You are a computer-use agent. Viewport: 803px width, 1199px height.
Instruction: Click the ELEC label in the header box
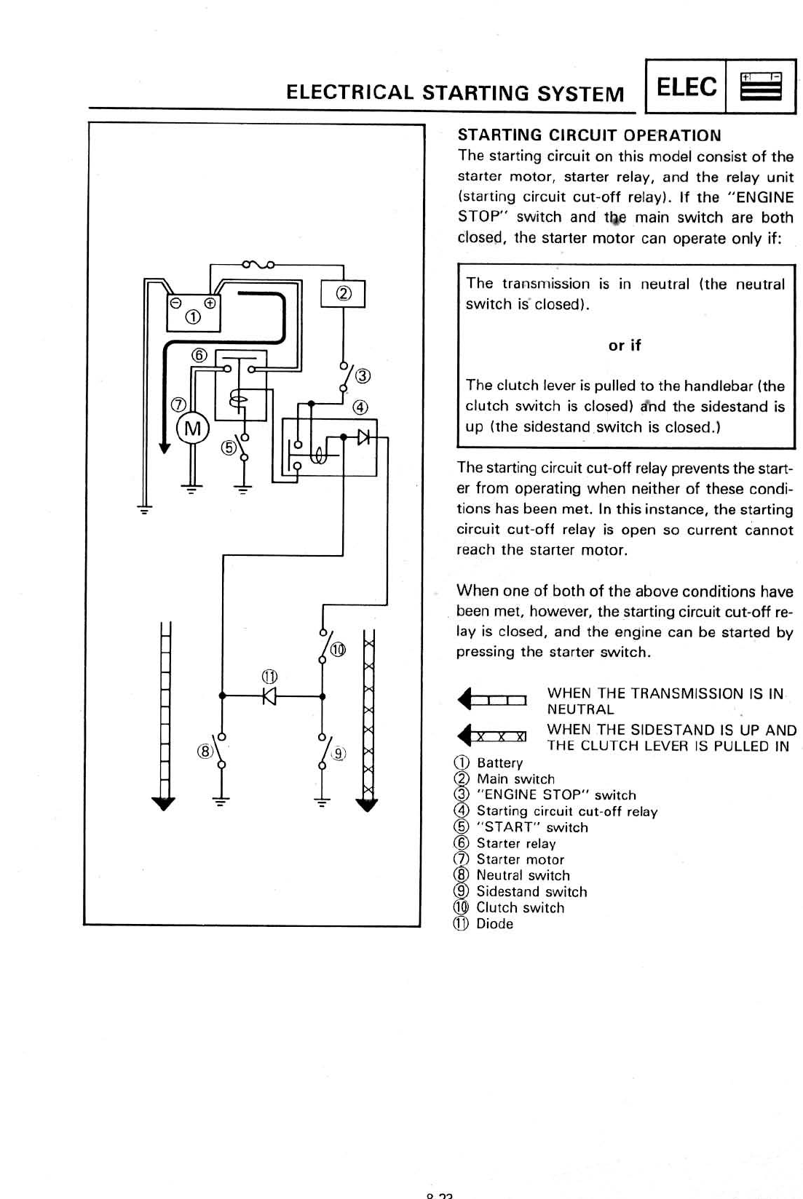coord(687,87)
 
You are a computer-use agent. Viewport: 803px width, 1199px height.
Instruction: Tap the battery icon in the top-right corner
coord(760,87)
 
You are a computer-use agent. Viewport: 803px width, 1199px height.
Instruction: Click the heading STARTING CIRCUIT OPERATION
coord(589,135)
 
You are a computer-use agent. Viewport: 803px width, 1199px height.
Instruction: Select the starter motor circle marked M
coord(192,429)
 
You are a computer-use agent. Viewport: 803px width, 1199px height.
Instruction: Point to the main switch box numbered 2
coord(344,293)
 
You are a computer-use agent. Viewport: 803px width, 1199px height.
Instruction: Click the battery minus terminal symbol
coord(175,302)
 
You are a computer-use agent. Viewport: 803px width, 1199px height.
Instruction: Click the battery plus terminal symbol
coord(210,302)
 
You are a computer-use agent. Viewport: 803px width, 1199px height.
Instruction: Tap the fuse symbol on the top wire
coord(258,264)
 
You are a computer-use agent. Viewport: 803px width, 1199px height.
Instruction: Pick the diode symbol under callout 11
coord(270,696)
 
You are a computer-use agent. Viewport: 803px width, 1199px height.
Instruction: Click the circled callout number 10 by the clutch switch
coord(338,649)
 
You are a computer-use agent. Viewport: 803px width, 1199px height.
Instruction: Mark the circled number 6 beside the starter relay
coord(199,355)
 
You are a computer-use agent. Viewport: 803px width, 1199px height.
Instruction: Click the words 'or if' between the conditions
coord(625,346)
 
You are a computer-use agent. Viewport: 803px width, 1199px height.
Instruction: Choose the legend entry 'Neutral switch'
coord(523,875)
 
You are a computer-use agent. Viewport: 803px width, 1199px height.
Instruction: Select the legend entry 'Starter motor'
coord(520,859)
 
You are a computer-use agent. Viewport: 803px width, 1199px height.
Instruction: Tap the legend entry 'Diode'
coord(494,923)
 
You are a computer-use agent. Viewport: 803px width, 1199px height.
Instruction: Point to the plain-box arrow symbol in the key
coord(492,701)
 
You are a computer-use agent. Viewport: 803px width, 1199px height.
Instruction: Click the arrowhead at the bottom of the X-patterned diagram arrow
coord(368,805)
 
